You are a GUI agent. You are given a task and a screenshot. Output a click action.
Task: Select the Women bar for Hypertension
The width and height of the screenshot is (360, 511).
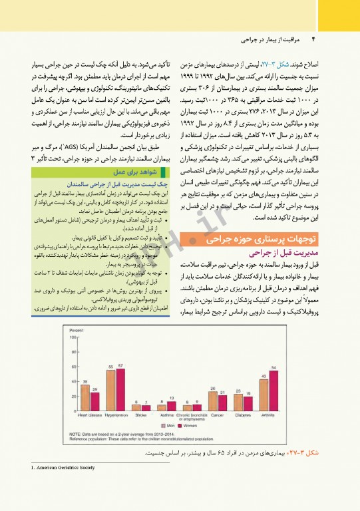pos(120,390)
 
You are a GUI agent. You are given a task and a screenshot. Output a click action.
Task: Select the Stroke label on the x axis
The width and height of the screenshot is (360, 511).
pos(142,417)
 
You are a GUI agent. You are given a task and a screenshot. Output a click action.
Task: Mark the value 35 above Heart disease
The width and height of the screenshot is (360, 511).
pos(85,380)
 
